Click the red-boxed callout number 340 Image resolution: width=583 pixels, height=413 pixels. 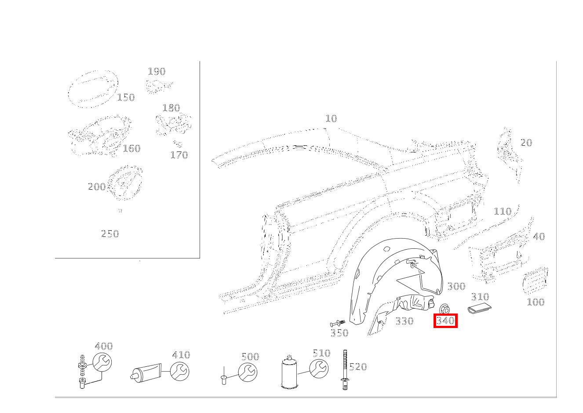[445, 321]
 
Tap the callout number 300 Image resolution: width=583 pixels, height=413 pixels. [456, 286]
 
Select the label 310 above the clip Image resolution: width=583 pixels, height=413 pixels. [480, 297]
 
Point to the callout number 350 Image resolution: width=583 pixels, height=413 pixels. [339, 333]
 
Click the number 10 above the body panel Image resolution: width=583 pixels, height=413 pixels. [332, 118]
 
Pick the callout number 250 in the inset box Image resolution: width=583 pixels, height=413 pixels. [110, 234]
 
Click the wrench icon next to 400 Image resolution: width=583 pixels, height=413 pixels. [102, 362]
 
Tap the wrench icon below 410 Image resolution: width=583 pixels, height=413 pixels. [179, 371]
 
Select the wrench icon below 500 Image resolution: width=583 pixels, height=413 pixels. [248, 372]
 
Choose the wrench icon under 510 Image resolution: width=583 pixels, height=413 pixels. [319, 369]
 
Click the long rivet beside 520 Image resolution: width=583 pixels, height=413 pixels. [345, 369]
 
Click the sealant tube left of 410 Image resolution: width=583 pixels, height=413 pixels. [146, 373]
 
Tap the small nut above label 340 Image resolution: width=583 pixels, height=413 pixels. [445, 309]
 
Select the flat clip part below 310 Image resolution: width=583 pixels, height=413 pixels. [479, 309]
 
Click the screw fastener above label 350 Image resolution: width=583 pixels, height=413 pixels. [337, 324]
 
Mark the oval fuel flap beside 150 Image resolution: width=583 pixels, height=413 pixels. [93, 89]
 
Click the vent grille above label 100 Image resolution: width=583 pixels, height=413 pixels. [536, 280]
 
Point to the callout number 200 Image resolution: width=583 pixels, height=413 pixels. [97, 187]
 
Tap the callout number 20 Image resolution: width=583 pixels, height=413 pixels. [526, 143]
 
